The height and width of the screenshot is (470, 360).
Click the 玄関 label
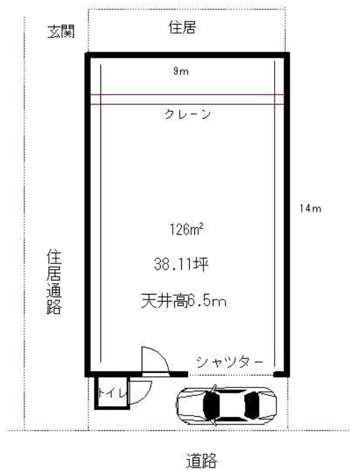coord(61,32)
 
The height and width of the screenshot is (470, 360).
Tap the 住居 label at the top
coord(182,27)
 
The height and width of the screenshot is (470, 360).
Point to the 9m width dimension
coord(181,71)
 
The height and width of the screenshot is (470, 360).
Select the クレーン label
coord(188,114)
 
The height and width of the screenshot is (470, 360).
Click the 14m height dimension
coord(310,208)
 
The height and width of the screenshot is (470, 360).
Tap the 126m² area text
coord(187,230)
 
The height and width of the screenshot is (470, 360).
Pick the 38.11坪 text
coord(181,265)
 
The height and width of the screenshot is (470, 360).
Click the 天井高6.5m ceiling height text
coord(184,301)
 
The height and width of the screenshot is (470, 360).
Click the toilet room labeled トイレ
coord(112,393)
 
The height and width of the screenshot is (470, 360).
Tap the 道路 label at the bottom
coord(201,460)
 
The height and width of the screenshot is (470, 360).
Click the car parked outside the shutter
coord(226,405)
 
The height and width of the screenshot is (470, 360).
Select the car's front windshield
coord(211,405)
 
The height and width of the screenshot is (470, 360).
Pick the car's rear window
coord(251,405)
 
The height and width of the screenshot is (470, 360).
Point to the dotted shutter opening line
coord(231,375)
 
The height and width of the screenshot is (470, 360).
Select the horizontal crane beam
coord(187,99)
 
